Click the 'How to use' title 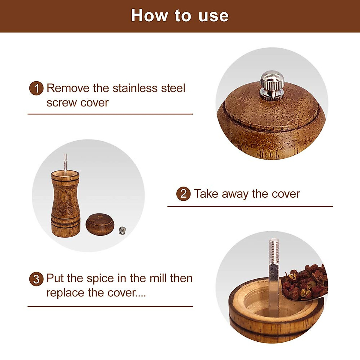point(180,16)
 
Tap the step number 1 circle point(36,88)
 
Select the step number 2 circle point(183,194)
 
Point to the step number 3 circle point(36,279)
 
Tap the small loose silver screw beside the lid point(122,230)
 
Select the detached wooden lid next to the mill point(100,224)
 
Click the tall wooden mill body point(66,204)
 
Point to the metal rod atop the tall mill point(65,162)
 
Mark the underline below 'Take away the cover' point(250,206)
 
